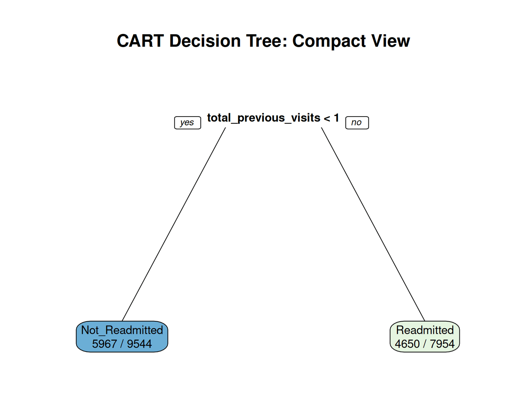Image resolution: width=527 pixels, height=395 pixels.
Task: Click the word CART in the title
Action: pos(140,41)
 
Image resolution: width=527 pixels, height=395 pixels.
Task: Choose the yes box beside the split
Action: pos(187,122)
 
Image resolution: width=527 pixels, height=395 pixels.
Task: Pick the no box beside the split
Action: pos(357,122)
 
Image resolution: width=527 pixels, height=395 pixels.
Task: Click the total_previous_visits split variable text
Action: pos(263,118)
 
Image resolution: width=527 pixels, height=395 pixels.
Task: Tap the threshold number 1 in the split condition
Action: pos(336,118)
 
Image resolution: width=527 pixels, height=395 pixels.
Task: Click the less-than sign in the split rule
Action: pos(327,119)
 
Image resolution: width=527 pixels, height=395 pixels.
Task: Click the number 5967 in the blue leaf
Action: pos(104,344)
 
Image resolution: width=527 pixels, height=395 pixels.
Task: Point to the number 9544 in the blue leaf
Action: pos(139,344)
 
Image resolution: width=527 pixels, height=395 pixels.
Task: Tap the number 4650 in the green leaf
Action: pos(407,344)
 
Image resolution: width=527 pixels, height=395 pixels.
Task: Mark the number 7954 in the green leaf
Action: pos(442,344)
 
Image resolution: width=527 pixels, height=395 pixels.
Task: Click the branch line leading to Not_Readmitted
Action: pos(174,224)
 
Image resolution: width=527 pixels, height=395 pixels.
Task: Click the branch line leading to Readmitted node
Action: pos(373,224)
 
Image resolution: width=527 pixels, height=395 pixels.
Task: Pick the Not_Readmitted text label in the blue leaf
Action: pos(122,330)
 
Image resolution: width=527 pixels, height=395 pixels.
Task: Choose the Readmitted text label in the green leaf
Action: pos(425,330)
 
